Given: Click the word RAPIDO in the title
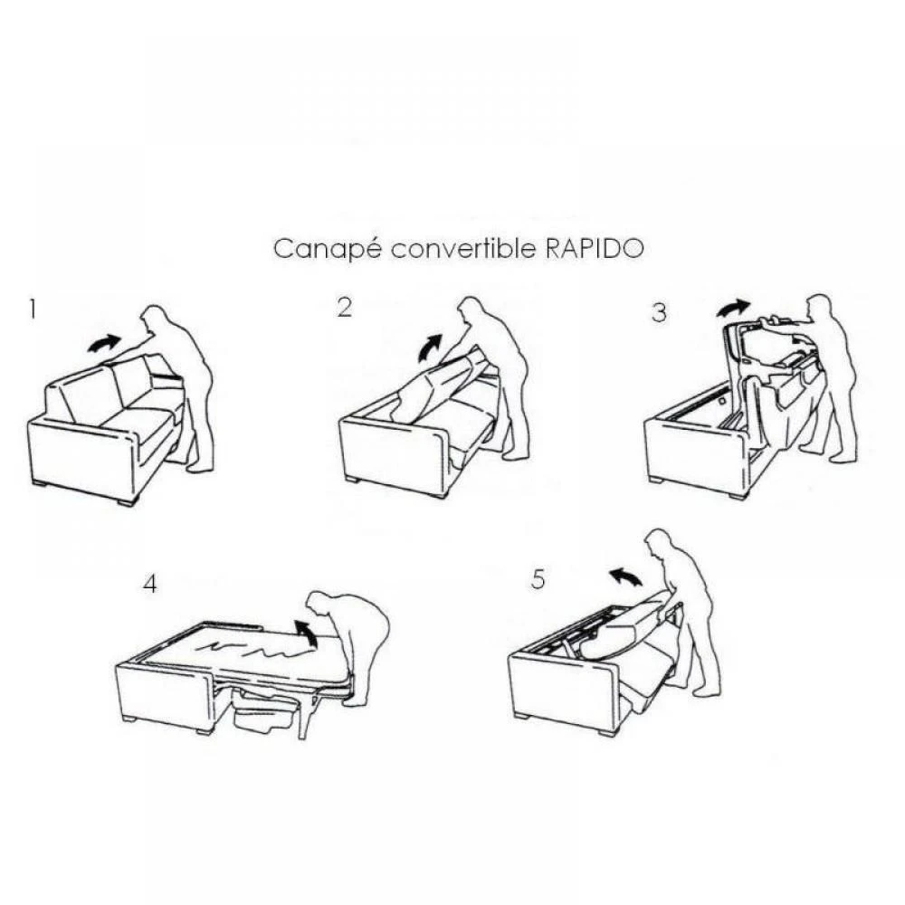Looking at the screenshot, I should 595,249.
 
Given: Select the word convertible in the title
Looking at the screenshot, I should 463,249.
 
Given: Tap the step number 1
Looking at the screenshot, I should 33,310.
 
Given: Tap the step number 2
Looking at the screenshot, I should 344,308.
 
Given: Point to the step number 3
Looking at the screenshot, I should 659,313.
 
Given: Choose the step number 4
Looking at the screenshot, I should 150,584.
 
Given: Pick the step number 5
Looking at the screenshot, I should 538,579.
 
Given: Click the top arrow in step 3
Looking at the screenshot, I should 733,309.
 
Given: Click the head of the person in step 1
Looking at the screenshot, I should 156,319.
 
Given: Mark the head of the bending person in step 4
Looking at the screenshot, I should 319,604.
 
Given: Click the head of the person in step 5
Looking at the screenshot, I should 658,544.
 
